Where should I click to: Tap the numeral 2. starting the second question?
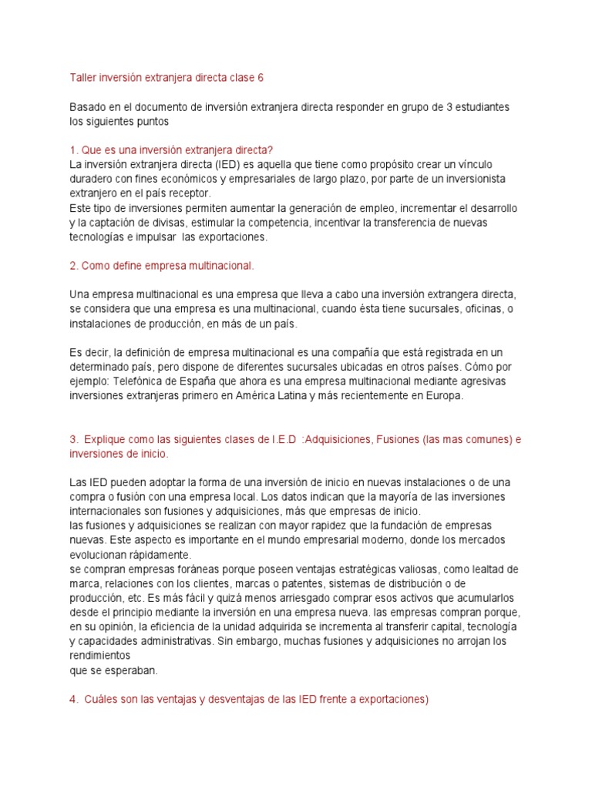click(x=73, y=266)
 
